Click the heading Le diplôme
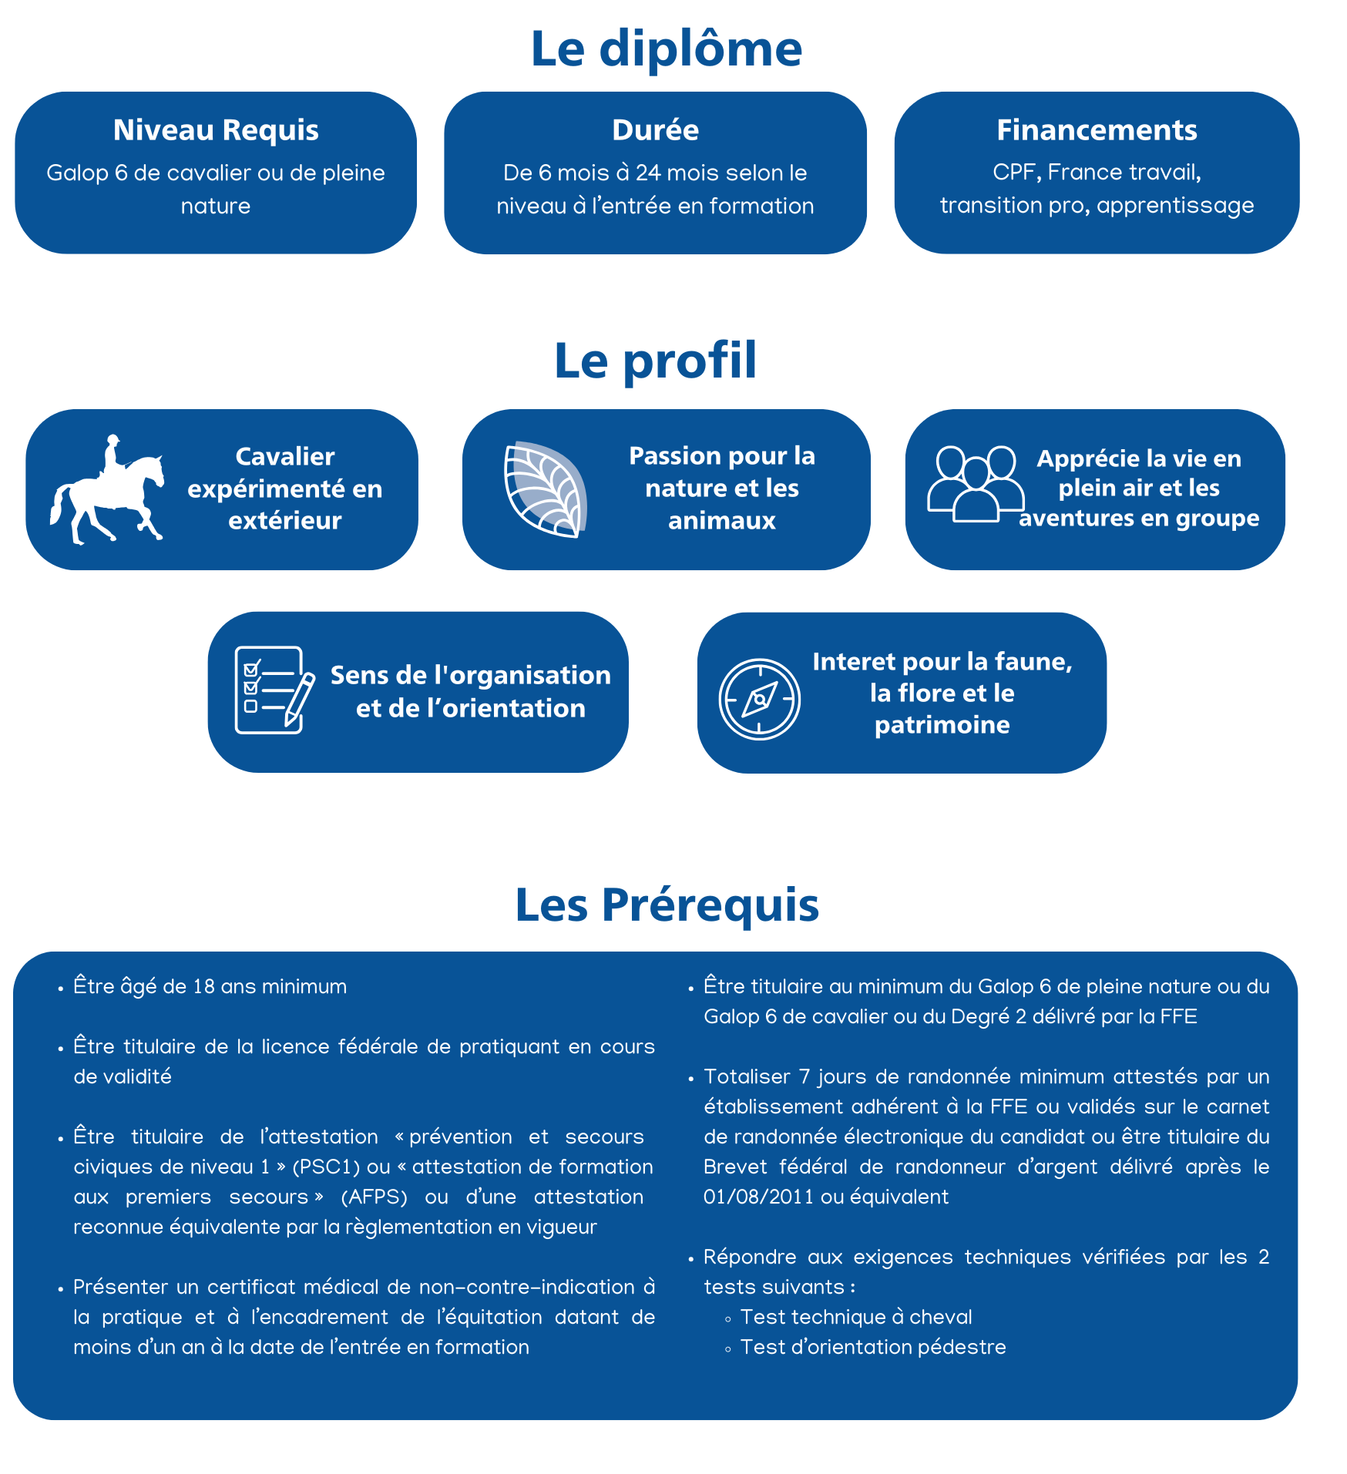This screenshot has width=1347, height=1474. pyautogui.click(x=667, y=49)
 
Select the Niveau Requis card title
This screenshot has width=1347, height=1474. pyautogui.click(x=216, y=129)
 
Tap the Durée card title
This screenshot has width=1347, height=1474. pyautogui.click(x=655, y=129)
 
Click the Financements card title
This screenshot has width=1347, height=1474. pyautogui.click(x=1097, y=129)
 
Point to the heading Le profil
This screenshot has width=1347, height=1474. pyautogui.click(x=655, y=360)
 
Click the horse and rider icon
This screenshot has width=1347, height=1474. pyautogui.click(x=108, y=490)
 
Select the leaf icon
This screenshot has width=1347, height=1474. pyautogui.click(x=545, y=489)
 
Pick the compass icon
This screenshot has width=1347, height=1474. pyautogui.click(x=759, y=699)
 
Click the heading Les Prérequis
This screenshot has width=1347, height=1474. pyautogui.click(x=667, y=904)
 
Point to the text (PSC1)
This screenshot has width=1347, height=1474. pyautogui.click(x=326, y=1167)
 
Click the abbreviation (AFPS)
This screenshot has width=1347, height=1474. pyautogui.click(x=374, y=1197)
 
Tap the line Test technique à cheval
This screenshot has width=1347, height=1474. pyautogui.click(x=855, y=1317)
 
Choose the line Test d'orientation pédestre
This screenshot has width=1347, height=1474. pyautogui.click(x=872, y=1347)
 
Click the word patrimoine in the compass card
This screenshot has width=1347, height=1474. pyautogui.click(x=942, y=724)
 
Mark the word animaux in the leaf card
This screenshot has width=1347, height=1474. pyautogui.click(x=721, y=520)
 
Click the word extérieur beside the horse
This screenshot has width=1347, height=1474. pyautogui.click(x=284, y=520)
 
